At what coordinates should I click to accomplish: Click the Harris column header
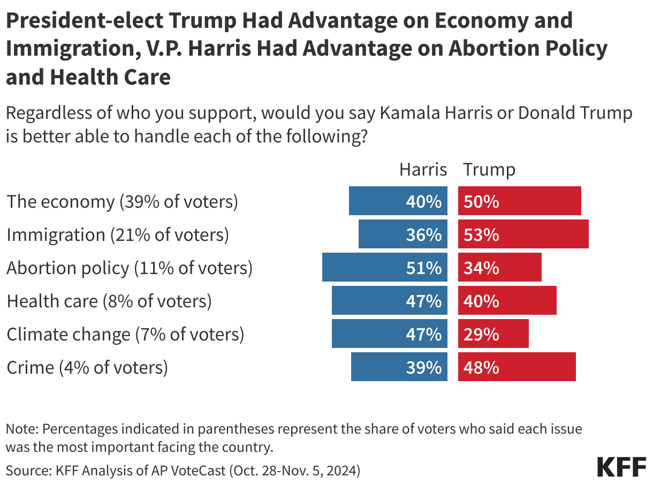423,170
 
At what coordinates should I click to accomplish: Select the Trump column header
489,170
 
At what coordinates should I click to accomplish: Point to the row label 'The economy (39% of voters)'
122,202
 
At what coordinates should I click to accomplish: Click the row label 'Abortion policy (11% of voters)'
129,268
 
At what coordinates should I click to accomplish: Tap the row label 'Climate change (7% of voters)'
125,335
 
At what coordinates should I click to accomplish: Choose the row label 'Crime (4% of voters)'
87,368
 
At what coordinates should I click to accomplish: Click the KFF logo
621,467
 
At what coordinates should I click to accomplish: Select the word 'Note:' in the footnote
22,429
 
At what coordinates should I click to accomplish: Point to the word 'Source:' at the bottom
27,471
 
